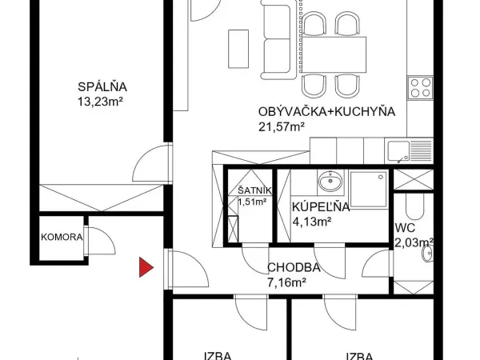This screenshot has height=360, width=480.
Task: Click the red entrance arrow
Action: tap(146, 267)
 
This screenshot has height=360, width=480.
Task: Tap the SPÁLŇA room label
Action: tap(102, 86)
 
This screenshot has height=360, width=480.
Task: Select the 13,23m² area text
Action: tap(100, 102)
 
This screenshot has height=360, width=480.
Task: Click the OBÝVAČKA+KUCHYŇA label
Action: tap(326, 111)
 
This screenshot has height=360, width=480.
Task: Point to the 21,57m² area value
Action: tap(282, 126)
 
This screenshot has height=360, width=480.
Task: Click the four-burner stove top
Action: tap(420, 87)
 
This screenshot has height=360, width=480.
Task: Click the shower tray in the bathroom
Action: tap(370, 190)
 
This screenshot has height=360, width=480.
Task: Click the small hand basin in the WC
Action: tap(427, 254)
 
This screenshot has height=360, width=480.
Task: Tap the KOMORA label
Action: tap(62, 237)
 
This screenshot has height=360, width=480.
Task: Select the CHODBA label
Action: tap(294, 267)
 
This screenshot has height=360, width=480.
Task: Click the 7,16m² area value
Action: tap(287, 282)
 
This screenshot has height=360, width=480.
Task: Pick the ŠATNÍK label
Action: tap(254, 190)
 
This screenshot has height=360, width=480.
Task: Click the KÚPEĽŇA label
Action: tap(321, 207)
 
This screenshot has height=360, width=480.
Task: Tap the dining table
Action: tap(334, 54)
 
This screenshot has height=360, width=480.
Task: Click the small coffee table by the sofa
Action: tap(238, 49)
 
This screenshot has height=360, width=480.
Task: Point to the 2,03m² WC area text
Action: tap(414, 242)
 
